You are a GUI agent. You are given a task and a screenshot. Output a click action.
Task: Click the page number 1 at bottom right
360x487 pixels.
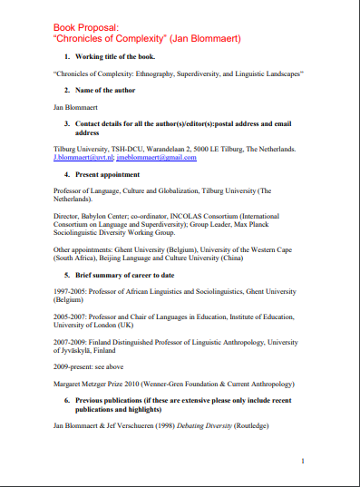(x=302, y=462)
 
